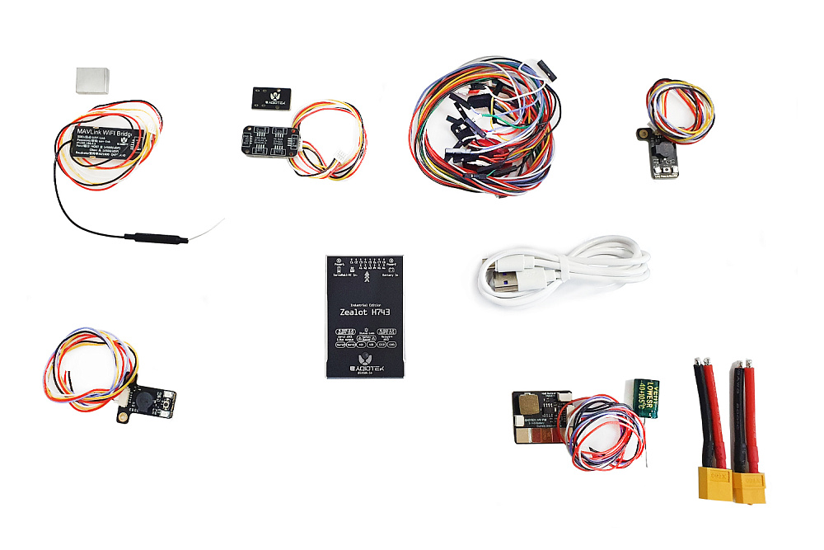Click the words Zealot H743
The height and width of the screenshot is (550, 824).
(365, 313)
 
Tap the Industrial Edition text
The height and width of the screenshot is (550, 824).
(365, 302)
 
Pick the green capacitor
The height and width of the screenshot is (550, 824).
(646, 397)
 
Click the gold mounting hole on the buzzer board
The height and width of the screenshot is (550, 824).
(121, 420)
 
